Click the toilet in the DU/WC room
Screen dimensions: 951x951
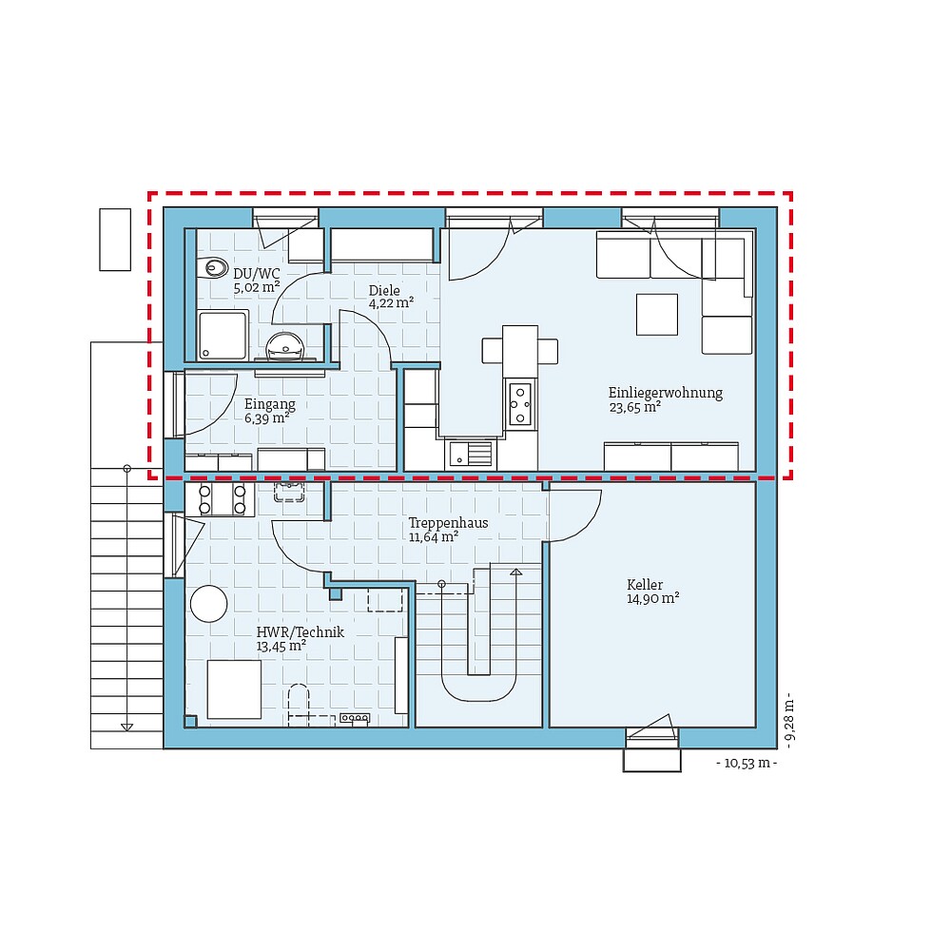(215, 268)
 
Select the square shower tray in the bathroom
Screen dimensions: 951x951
(223, 335)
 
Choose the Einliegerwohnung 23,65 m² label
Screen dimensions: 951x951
(665, 399)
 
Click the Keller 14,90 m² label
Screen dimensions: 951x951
(651, 592)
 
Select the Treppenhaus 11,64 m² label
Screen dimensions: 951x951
(448, 530)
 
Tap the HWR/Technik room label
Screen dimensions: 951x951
(300, 638)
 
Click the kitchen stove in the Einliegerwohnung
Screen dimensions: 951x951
(520, 404)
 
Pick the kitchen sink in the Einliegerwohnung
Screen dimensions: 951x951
(472, 454)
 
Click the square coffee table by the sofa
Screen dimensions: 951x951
(657, 314)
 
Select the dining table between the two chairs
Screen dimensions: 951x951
(520, 350)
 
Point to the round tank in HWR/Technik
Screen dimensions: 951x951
(208, 604)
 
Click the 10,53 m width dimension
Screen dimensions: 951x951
(747, 764)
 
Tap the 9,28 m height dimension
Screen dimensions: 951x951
(788, 720)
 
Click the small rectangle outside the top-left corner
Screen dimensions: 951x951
(115, 240)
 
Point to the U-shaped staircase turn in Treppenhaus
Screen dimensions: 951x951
(478, 686)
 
